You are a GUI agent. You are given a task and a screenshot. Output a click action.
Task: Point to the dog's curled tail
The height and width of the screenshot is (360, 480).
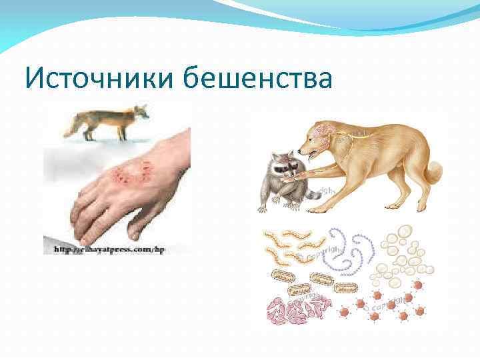tap(433, 170)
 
